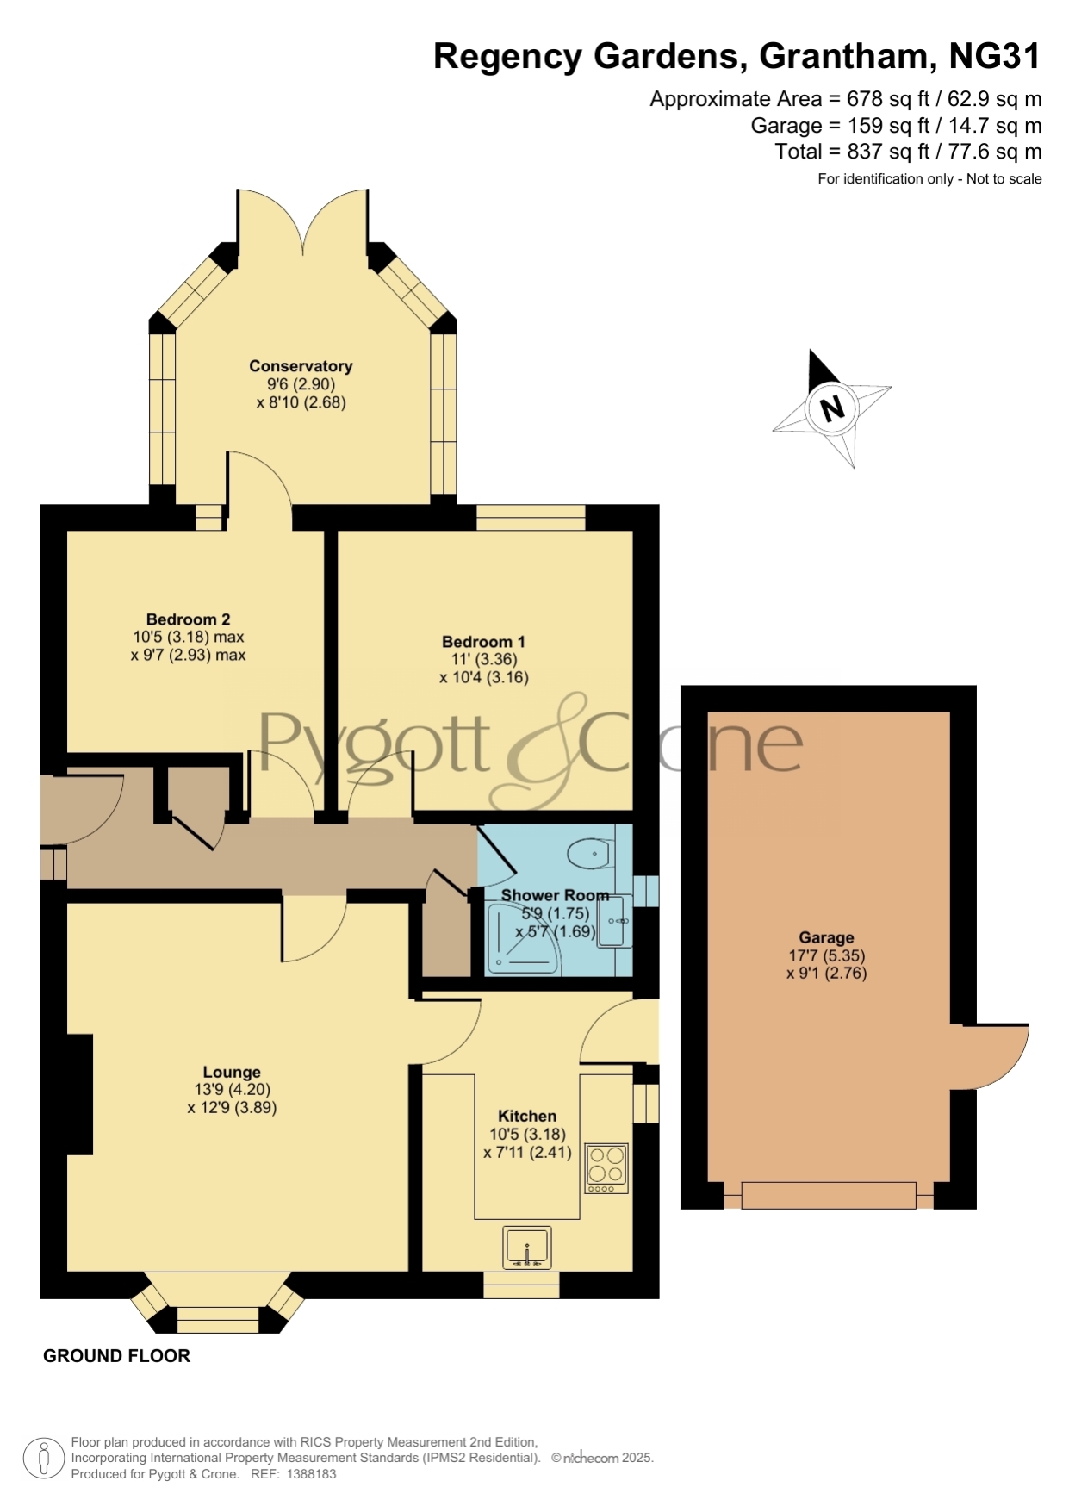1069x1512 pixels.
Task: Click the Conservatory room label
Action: pos(301,366)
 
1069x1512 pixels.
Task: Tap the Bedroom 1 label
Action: pos(483,642)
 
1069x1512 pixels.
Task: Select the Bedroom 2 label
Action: pos(188,619)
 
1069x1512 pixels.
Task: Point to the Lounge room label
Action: pos(232,1073)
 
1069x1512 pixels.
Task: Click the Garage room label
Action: pos(826,937)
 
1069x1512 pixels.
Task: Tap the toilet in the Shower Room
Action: pos(589,854)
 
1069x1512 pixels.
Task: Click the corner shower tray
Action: pos(524,939)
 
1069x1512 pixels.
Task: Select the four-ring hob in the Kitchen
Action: pos(606,1168)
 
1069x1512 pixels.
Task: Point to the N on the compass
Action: pos(832,408)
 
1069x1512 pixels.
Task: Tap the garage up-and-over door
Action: pos(829,1195)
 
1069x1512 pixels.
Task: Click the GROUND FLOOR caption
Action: pos(116,1356)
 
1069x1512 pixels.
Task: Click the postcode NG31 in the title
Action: pos(995,56)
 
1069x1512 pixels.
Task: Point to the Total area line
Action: pos(908,152)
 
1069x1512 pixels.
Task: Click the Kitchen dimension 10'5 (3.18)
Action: pos(528,1134)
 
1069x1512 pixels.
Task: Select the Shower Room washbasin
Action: pos(615,921)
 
